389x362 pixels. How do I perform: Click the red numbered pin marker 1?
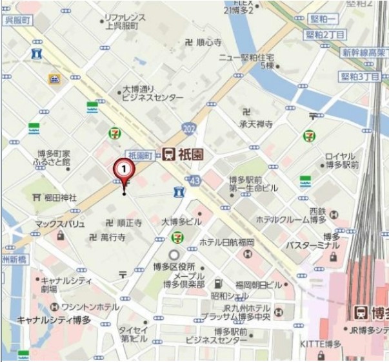point(124,169)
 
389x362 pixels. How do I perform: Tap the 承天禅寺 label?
point(256,123)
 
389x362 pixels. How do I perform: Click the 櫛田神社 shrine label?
point(60,197)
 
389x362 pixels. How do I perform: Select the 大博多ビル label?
point(181,221)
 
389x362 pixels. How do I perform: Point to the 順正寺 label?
point(129,222)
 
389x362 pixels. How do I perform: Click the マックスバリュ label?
point(60,224)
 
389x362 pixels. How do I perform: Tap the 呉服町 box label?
point(18,21)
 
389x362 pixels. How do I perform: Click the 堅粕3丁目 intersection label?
point(360,76)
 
